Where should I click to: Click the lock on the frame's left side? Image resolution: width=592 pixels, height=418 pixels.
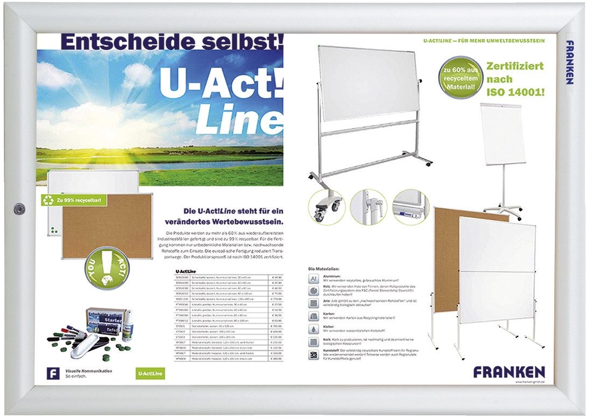[20, 207]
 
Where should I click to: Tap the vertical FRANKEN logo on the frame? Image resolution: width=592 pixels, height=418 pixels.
[569, 62]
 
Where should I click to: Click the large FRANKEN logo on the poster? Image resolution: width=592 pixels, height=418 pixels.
[509, 372]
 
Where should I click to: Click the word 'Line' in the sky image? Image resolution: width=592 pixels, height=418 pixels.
[239, 118]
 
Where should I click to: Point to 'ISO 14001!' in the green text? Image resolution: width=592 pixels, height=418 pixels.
[516, 92]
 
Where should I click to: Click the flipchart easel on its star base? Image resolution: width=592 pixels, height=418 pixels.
[503, 162]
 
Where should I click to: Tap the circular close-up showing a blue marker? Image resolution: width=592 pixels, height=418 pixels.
[410, 207]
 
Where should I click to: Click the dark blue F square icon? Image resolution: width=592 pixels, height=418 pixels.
[53, 373]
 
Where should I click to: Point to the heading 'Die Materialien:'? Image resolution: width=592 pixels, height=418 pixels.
[324, 268]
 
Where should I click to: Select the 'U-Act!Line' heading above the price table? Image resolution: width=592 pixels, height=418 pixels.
[186, 271]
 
